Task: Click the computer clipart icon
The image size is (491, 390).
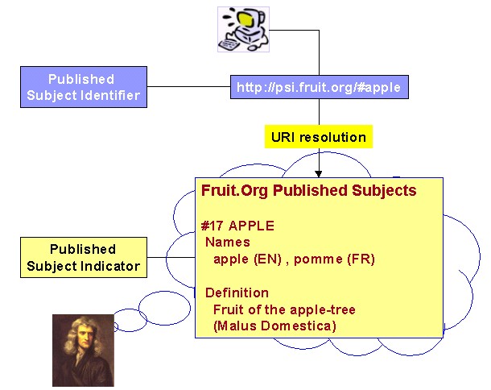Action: pos(243,29)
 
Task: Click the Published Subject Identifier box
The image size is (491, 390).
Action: pos(84,87)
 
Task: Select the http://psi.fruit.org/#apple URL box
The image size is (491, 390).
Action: pos(320,87)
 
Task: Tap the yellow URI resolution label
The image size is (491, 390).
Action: pos(319,137)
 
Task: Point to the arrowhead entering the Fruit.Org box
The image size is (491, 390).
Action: pos(319,174)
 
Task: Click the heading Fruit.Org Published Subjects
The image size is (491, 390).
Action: pos(309,191)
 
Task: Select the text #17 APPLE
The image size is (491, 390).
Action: pos(237,226)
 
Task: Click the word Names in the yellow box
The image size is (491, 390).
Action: pos(228,242)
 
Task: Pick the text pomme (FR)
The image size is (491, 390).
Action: pos(334,259)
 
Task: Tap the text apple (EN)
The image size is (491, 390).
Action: pos(247,259)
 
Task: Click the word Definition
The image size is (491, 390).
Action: pos(237,292)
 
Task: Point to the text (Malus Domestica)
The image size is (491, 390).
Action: pos(274,326)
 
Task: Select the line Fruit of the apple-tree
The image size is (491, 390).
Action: pos(284,309)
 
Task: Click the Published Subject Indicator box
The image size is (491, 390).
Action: pos(84,257)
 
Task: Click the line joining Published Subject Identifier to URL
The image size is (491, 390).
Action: pos(189,86)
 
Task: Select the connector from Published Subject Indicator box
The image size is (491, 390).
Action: pos(171,258)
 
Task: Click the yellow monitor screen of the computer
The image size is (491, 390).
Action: pos(245,19)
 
